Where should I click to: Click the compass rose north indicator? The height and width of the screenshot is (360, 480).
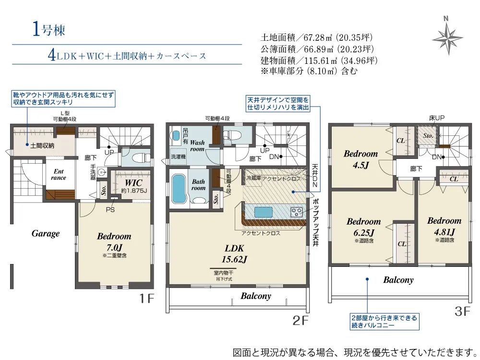tap(447, 38)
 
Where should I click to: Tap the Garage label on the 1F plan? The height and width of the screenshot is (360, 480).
tap(45, 234)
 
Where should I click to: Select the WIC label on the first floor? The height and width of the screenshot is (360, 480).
tap(133, 183)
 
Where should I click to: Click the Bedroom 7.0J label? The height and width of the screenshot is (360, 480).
tap(114, 241)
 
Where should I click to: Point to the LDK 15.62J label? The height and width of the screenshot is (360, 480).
tap(235, 254)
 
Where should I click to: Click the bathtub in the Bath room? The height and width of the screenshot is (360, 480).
tap(179, 188)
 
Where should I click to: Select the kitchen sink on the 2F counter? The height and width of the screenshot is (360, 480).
tap(263, 212)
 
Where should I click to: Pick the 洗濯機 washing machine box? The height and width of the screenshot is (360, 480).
tap(178, 157)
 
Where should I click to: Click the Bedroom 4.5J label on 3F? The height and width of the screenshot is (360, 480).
tap(361, 159)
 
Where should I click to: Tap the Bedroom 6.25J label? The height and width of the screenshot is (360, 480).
tap(364, 227)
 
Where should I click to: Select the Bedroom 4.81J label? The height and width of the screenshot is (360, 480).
tap(444, 226)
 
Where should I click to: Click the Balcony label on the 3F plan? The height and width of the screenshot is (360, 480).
tap(398, 280)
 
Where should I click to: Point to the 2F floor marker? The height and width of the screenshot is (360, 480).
tap(300, 320)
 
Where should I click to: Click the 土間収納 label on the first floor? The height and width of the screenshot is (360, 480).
tap(42, 146)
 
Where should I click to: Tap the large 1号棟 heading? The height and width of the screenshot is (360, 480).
tap(48, 30)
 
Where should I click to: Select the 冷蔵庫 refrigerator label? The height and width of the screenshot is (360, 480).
tap(253, 178)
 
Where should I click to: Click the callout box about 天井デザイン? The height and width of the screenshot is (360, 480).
tap(278, 104)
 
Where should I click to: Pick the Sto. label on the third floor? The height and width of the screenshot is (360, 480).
tap(428, 136)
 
